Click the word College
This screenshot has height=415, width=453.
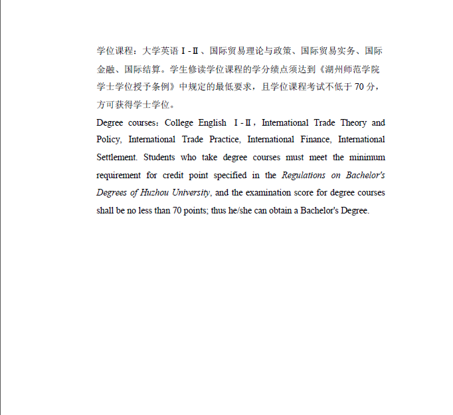178,122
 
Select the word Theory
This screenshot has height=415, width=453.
353,122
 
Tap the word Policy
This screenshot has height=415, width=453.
108,140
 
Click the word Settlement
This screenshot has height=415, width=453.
116,158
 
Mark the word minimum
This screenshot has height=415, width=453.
367,158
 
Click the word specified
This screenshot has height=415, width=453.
229,176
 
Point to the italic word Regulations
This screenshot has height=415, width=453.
304,176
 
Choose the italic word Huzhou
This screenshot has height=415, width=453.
155,193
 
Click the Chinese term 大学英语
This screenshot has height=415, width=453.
161,51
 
